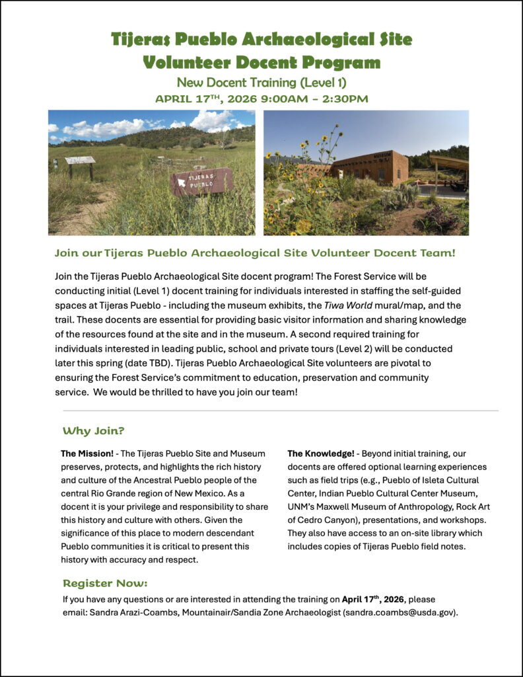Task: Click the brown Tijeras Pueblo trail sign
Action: coord(202,181)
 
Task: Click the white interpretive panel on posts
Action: coord(80,161)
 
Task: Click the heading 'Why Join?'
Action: coord(93,431)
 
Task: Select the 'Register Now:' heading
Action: coord(105,583)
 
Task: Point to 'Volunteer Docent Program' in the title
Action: coord(261,63)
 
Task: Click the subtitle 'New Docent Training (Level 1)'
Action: coord(261,83)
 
